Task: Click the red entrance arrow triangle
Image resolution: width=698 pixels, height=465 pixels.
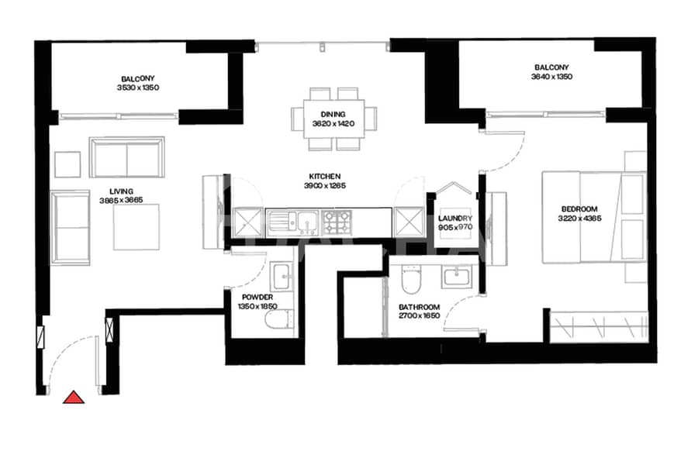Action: tap(74, 398)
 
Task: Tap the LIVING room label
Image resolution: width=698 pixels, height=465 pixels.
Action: tap(121, 191)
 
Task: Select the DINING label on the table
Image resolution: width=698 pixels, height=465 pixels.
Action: tap(333, 115)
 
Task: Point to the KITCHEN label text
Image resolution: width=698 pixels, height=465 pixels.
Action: tap(325, 177)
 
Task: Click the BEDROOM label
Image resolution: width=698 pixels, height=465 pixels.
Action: tap(579, 209)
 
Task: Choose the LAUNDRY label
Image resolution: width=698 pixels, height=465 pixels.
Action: tap(455, 219)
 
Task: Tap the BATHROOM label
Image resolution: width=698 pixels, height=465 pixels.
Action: tap(420, 307)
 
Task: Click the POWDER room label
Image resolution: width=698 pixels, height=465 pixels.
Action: tap(257, 298)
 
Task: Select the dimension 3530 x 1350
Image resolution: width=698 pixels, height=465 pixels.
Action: tap(138, 88)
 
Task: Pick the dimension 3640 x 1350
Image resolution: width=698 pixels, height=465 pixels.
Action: tap(551, 77)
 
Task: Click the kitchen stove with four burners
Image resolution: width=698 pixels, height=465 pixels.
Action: tap(337, 222)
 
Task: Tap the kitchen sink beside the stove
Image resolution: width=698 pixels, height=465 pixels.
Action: tap(292, 222)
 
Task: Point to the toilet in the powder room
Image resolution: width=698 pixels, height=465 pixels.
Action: tap(279, 319)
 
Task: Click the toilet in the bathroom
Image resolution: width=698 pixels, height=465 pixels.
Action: tap(410, 279)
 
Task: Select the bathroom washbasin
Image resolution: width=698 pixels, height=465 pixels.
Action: tap(456, 277)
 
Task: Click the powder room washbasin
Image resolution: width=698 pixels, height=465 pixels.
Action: tap(282, 275)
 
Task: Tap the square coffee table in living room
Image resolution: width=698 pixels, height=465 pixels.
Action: tap(136, 227)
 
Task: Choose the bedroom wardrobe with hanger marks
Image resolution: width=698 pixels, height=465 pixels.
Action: tap(599, 327)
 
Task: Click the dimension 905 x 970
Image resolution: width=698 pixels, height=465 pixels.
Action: tap(455, 227)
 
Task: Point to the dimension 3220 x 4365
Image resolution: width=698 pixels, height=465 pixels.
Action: tap(579, 219)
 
